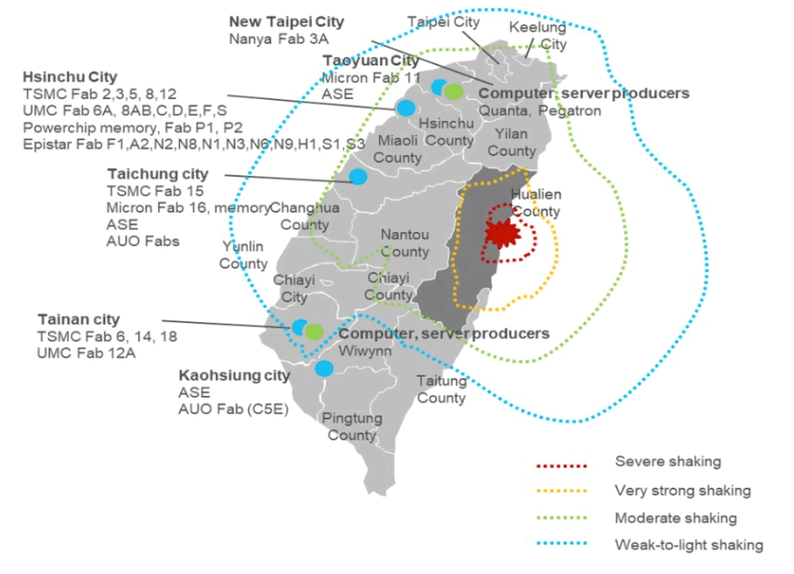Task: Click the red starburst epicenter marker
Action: point(500,234)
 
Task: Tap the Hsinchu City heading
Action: point(70,76)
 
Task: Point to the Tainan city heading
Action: point(78,319)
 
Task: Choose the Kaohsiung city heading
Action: point(235,375)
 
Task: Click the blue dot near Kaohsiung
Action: point(324,368)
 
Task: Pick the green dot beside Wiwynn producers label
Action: point(314,331)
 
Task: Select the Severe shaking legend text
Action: point(668,461)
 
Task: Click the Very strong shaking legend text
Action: point(682,490)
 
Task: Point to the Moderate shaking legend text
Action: point(676,518)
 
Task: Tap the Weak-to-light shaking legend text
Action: point(688,545)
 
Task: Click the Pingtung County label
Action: point(351,426)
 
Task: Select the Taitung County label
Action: point(441,389)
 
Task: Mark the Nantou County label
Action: point(405,243)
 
